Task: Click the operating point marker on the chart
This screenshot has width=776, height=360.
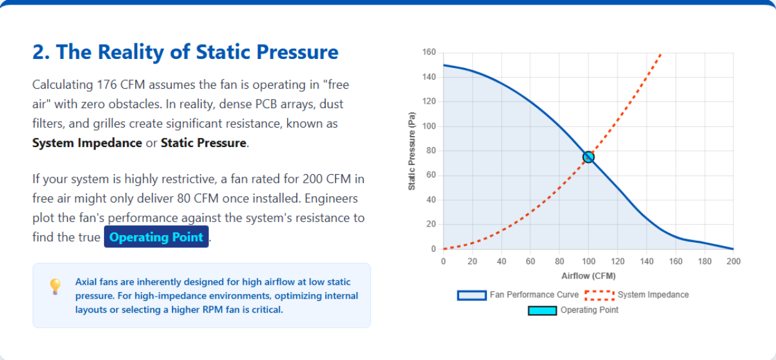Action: click(588, 157)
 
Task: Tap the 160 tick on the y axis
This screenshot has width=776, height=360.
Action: click(429, 52)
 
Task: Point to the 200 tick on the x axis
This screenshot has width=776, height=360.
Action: click(733, 262)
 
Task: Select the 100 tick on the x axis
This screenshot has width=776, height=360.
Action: click(588, 262)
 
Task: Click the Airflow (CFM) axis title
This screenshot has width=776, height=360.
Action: click(588, 276)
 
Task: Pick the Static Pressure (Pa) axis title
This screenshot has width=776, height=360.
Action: click(411, 153)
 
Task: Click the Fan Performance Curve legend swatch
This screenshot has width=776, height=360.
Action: click(471, 295)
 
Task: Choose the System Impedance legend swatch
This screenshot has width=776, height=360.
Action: click(599, 295)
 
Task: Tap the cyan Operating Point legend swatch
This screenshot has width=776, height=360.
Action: click(542, 310)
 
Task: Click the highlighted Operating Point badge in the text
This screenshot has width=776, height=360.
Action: click(156, 237)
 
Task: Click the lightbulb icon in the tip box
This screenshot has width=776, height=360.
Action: click(56, 286)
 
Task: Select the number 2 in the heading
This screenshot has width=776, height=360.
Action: click(39, 52)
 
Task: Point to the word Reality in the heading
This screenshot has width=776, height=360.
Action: click(133, 52)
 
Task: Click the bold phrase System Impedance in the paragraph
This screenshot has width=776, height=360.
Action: click(87, 142)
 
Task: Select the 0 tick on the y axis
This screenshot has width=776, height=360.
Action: click(433, 249)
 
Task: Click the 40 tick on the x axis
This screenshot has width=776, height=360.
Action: click(501, 262)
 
